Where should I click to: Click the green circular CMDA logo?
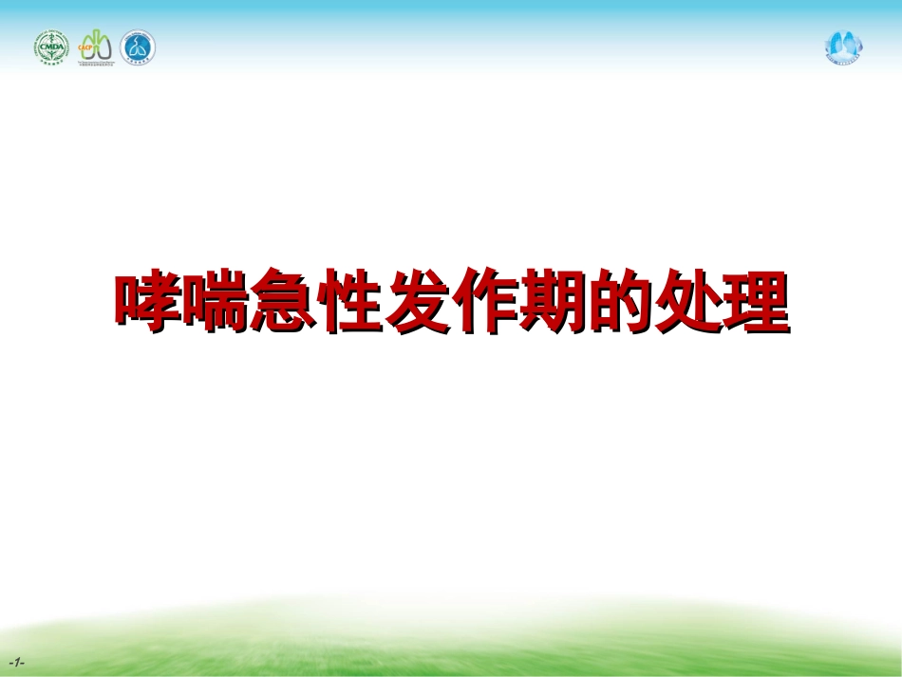(x=53, y=47)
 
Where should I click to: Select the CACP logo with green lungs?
(x=97, y=47)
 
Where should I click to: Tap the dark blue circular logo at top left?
(x=138, y=47)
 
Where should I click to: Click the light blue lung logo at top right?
(x=842, y=45)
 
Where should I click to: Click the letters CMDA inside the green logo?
(x=53, y=48)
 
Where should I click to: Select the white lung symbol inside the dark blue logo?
(x=138, y=47)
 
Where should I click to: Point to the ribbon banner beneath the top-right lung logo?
(x=842, y=59)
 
